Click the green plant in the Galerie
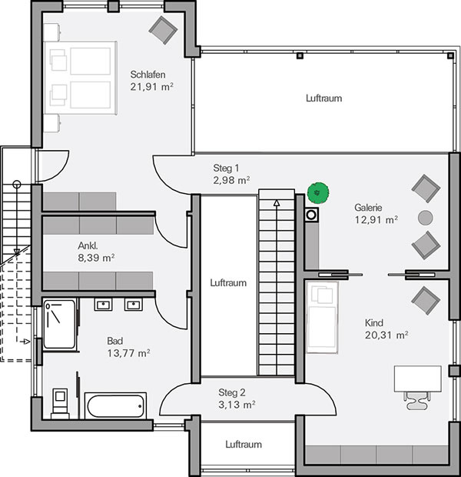(318, 193)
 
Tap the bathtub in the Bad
(115, 405)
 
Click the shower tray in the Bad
(59, 325)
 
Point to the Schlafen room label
(148, 75)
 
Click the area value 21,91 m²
(151, 87)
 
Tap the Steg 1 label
(226, 168)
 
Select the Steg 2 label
(231, 392)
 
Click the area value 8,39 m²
(96, 258)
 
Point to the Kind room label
(373, 322)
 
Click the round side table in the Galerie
(426, 218)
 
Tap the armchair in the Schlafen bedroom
(163, 31)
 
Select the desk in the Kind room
(417, 379)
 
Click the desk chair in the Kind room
(417, 400)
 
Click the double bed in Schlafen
(81, 78)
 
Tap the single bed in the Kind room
(322, 317)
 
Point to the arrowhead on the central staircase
(277, 203)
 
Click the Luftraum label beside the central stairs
(228, 283)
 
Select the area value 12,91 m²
(376, 219)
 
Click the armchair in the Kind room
(426, 301)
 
